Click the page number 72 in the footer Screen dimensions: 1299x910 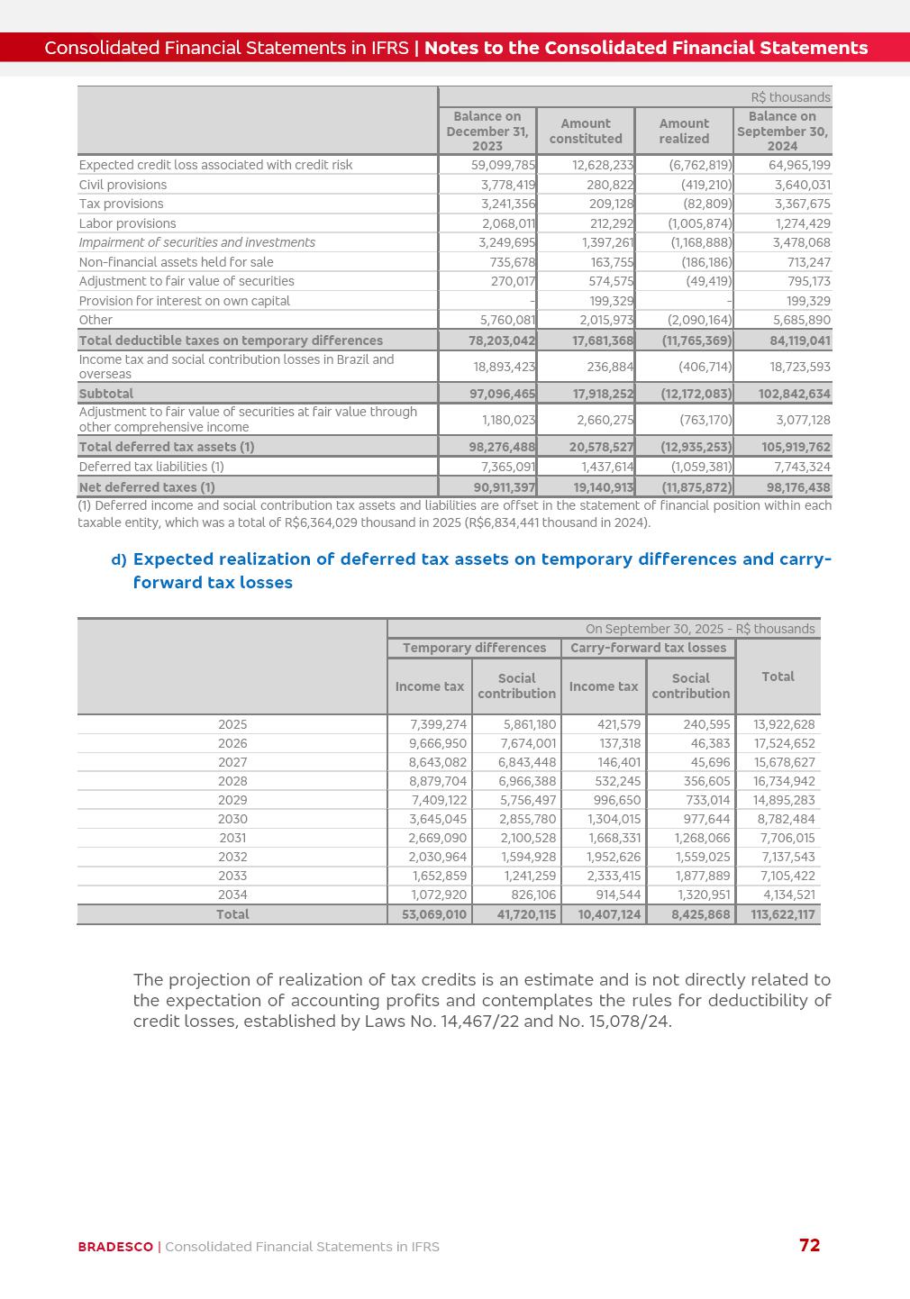(809, 1245)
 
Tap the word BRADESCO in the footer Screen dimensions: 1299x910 (115, 1247)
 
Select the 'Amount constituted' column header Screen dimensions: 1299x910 (586, 132)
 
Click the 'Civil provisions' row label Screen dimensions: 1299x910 (123, 185)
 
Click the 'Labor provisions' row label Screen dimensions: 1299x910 (127, 223)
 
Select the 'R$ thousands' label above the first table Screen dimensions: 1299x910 (790, 97)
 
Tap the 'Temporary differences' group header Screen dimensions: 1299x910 (474, 648)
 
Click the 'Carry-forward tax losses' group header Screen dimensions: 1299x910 (648, 648)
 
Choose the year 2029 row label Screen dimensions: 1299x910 (232, 800)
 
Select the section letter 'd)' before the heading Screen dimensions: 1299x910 (119, 560)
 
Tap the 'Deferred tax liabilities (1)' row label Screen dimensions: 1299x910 (151, 467)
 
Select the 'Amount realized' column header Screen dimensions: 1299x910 (684, 132)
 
